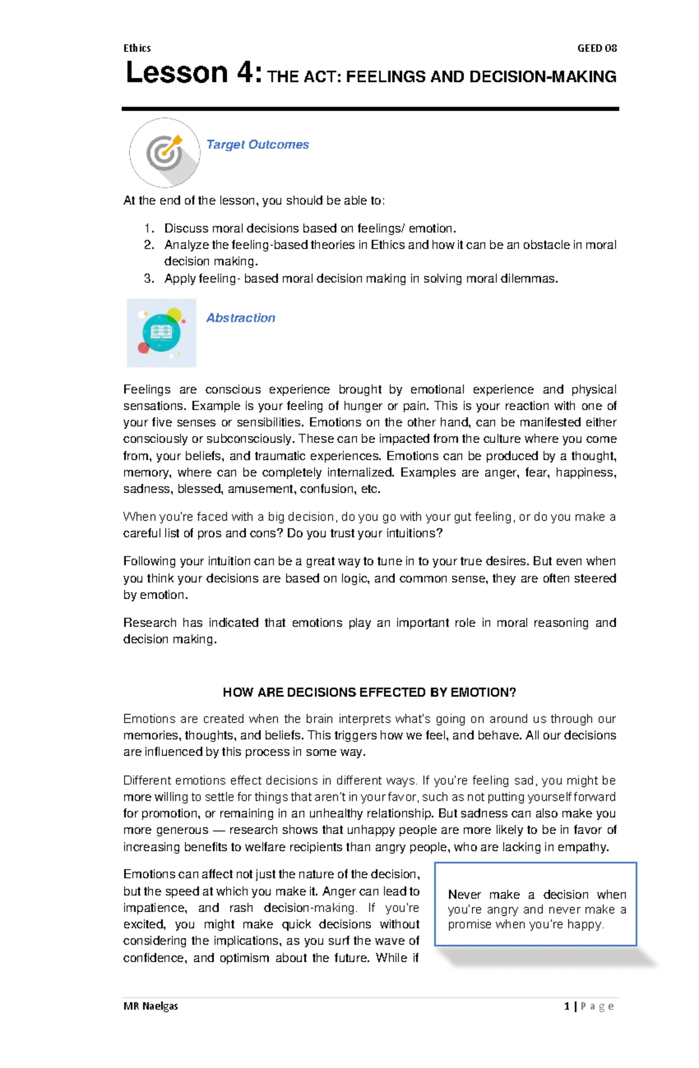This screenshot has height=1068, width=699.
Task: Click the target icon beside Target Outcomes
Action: pyautogui.click(x=164, y=152)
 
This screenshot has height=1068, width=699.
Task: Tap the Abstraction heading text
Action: pyautogui.click(x=241, y=318)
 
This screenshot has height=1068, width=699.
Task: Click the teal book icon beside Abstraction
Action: pyautogui.click(x=161, y=333)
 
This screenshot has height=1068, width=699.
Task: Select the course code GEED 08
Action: pyautogui.click(x=596, y=48)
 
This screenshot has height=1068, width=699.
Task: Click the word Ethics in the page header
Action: pyautogui.click(x=137, y=48)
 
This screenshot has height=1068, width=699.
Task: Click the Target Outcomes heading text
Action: pyautogui.click(x=257, y=144)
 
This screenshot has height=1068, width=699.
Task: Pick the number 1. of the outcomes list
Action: pyautogui.click(x=149, y=228)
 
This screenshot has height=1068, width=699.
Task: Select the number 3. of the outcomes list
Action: pyautogui.click(x=149, y=279)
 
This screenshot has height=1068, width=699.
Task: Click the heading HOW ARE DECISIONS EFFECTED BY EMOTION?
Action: pyautogui.click(x=369, y=693)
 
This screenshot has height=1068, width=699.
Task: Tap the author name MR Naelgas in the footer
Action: pyautogui.click(x=151, y=1006)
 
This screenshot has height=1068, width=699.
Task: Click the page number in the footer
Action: pyautogui.click(x=567, y=1006)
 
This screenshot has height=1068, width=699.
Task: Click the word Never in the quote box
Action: pyautogui.click(x=464, y=895)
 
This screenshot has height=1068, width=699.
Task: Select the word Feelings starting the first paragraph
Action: pyautogui.click(x=147, y=389)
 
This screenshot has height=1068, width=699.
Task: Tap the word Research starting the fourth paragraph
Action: pyautogui.click(x=150, y=623)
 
